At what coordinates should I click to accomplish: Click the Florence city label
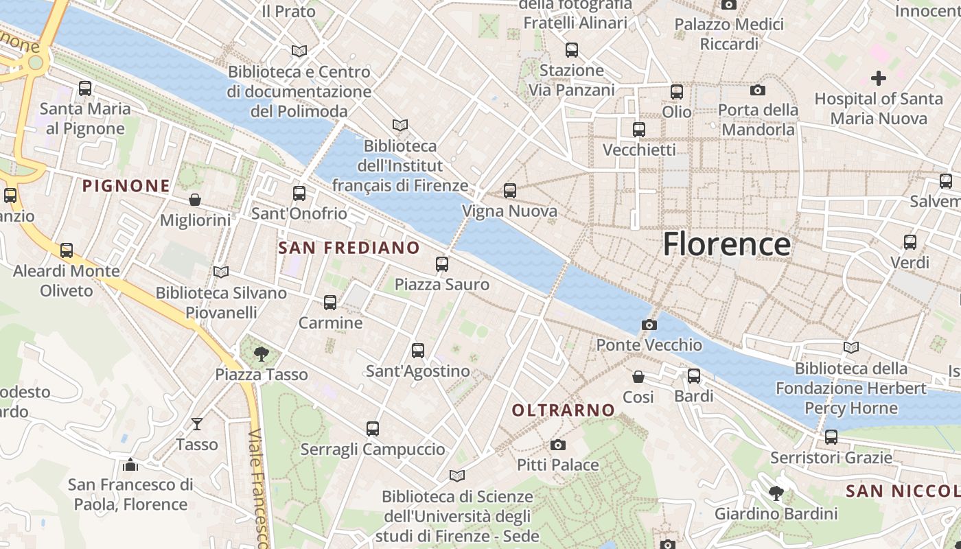(x=726, y=245)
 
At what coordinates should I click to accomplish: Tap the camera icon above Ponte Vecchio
(x=649, y=325)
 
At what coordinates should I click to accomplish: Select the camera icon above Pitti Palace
(x=557, y=445)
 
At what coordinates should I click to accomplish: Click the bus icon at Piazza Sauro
(x=442, y=264)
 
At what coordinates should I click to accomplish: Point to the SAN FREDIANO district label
(x=349, y=248)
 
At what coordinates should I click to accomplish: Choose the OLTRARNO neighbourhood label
(x=564, y=410)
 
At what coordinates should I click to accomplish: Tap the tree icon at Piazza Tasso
(x=261, y=354)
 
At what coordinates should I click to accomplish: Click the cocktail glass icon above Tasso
(x=197, y=424)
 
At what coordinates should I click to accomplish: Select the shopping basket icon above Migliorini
(x=195, y=200)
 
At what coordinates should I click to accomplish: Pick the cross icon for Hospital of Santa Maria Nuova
(x=878, y=78)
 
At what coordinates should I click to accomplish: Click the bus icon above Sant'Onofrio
(x=299, y=194)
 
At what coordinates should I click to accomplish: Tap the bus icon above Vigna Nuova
(x=509, y=191)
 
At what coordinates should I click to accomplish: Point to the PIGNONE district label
(x=126, y=185)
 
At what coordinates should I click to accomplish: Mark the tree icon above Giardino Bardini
(x=776, y=493)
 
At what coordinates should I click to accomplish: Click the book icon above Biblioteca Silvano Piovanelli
(x=220, y=272)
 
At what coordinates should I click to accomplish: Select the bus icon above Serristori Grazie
(x=831, y=436)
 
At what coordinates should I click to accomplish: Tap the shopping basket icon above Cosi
(x=638, y=377)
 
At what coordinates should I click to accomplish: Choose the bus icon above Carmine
(x=330, y=302)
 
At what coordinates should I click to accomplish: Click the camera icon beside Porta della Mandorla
(x=758, y=90)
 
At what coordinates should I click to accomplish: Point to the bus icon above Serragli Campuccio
(x=373, y=429)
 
